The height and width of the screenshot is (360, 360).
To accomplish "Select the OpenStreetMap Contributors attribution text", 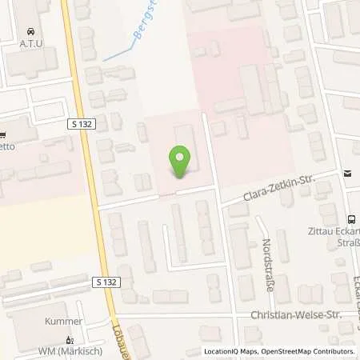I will [x=306, y=351].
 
